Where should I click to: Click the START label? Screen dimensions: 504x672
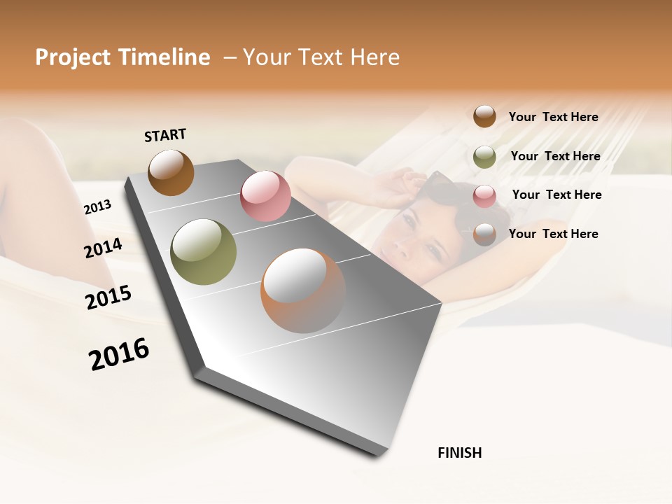[x=165, y=135]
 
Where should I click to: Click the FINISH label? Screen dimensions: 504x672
[x=459, y=453]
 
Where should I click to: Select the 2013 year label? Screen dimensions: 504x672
[x=97, y=207]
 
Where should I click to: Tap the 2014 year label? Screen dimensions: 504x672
[x=103, y=248]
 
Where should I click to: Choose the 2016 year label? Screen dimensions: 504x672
[x=119, y=354]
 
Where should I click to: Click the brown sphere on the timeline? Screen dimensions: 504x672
[x=171, y=172]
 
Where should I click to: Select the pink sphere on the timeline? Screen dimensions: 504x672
[x=265, y=196]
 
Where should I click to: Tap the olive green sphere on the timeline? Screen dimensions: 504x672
[x=203, y=252]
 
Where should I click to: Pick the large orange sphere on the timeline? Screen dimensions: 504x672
[x=303, y=290]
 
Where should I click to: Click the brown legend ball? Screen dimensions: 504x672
[x=484, y=116]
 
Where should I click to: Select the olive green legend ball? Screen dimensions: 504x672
[x=484, y=157]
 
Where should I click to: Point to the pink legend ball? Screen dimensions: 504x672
[x=484, y=196]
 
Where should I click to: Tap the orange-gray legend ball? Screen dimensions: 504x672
[x=484, y=234]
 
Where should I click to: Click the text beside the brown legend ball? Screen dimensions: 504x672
[x=553, y=117]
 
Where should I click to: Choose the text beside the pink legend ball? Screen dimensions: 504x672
[x=556, y=195]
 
